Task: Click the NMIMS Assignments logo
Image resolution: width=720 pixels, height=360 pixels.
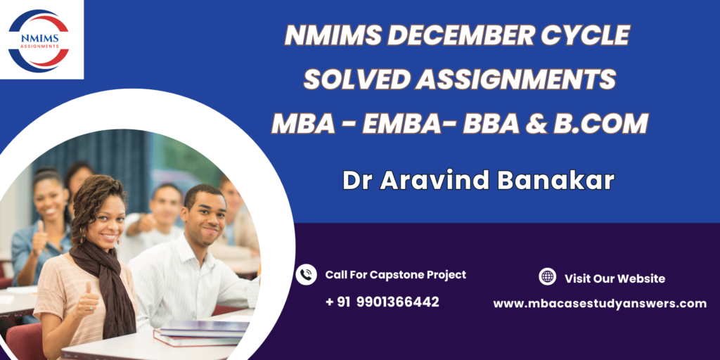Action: pyautogui.click(x=39, y=41)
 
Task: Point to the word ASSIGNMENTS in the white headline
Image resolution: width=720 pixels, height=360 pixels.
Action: pyautogui.click(x=515, y=79)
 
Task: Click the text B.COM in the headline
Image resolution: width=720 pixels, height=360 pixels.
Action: pyautogui.click(x=600, y=124)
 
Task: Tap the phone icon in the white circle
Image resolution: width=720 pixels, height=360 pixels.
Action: pyautogui.click(x=306, y=275)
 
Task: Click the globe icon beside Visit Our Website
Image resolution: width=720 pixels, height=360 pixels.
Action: pyautogui.click(x=547, y=277)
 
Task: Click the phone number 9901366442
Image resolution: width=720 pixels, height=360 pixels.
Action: pyautogui.click(x=398, y=302)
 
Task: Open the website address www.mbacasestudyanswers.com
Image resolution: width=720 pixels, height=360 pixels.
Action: pyautogui.click(x=600, y=304)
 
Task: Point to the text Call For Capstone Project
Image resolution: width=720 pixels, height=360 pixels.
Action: pyautogui.click(x=396, y=275)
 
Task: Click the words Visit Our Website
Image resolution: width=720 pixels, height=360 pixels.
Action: pyautogui.click(x=615, y=278)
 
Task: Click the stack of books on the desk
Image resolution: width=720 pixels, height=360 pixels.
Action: pyautogui.click(x=202, y=333)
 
